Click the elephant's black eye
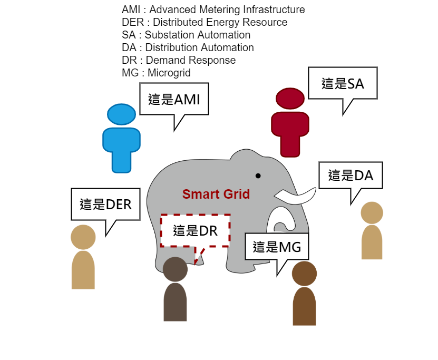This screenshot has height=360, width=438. [x=258, y=176]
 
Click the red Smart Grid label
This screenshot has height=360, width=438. [x=216, y=194]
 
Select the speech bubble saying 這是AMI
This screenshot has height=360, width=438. [x=174, y=99]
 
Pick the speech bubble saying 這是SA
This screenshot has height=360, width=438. [x=343, y=83]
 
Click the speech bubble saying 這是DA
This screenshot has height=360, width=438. [x=351, y=175]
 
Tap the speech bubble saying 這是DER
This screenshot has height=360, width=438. [x=105, y=204]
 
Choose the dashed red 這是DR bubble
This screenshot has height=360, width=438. [x=195, y=230]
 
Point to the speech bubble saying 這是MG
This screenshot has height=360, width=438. [x=277, y=246]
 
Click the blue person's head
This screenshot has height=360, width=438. [x=121, y=114]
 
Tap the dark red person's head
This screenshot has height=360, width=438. [x=290, y=99]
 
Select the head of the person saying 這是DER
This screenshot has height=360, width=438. [x=83, y=237]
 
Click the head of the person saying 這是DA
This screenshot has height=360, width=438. [x=372, y=212]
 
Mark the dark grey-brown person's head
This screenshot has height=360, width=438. [x=175, y=269]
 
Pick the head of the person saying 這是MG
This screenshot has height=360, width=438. [x=304, y=274]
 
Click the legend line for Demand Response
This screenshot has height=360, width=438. [x=179, y=60]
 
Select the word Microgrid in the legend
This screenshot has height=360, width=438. [x=169, y=73]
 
